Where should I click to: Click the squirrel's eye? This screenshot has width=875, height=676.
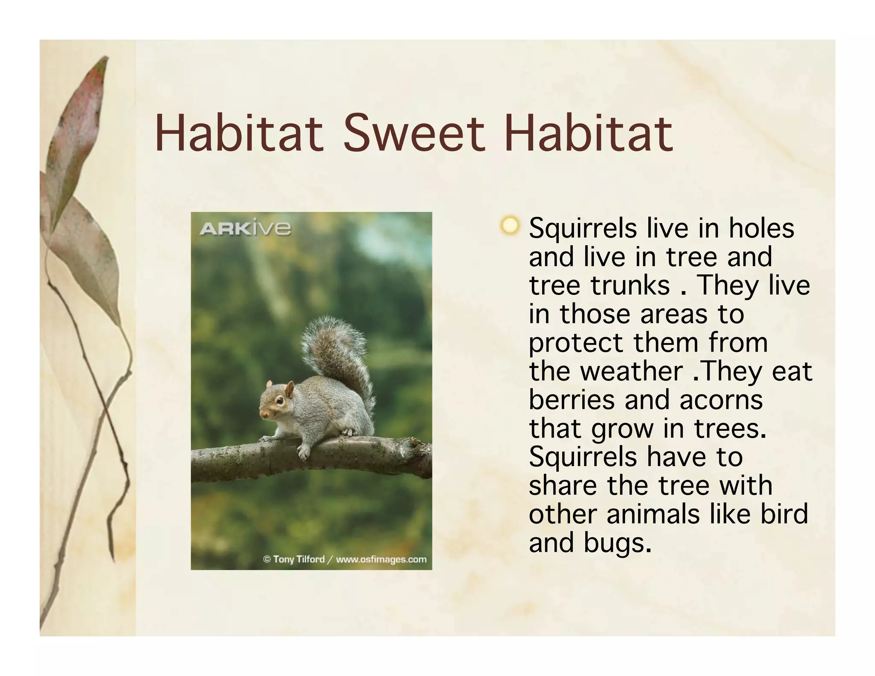[x=279, y=400]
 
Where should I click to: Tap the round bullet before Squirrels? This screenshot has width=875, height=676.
[x=509, y=225]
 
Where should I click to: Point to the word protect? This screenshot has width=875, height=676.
[x=576, y=343]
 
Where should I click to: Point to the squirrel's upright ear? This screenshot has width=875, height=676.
[x=289, y=389]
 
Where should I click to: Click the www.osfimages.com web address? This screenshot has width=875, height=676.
[x=381, y=559]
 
